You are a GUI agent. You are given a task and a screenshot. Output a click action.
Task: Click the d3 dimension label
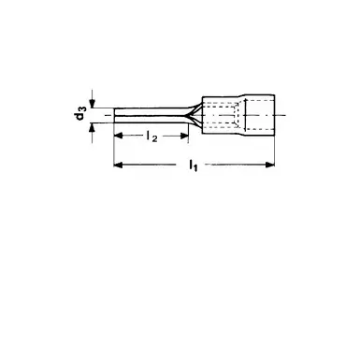pyautogui.click(x=80, y=115)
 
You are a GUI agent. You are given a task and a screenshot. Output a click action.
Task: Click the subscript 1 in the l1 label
pyautogui.click(x=195, y=168)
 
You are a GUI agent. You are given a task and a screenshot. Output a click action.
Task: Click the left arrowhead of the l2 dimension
pyautogui.click(x=117, y=137)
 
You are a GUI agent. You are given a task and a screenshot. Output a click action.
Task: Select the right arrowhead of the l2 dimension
pyautogui.click(x=185, y=137)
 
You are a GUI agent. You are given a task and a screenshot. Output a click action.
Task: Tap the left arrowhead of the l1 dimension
pyautogui.click(x=117, y=166)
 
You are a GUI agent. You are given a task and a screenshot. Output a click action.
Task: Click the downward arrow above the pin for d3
pyautogui.click(x=94, y=104)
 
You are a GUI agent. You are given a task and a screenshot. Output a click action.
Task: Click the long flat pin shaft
pyautogui.click(x=150, y=116)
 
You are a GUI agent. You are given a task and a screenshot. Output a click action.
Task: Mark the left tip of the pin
pyautogui.click(x=114, y=116)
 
